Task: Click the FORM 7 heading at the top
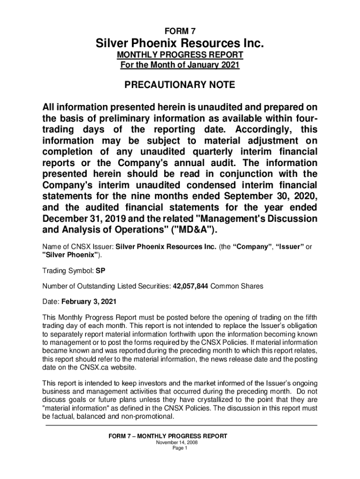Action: tap(180, 32)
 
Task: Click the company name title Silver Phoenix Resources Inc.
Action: tap(180, 44)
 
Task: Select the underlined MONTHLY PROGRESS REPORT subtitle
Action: tap(180, 56)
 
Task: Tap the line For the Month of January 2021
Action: tap(180, 65)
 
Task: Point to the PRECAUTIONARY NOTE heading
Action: tap(180, 86)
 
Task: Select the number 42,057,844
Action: tap(191, 285)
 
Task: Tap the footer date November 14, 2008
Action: tap(180, 442)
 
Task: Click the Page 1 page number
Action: tap(180, 448)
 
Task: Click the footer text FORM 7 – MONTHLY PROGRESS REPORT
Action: tap(168, 436)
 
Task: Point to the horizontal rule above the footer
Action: tap(180, 425)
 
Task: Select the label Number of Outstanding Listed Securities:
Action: tap(107, 285)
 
